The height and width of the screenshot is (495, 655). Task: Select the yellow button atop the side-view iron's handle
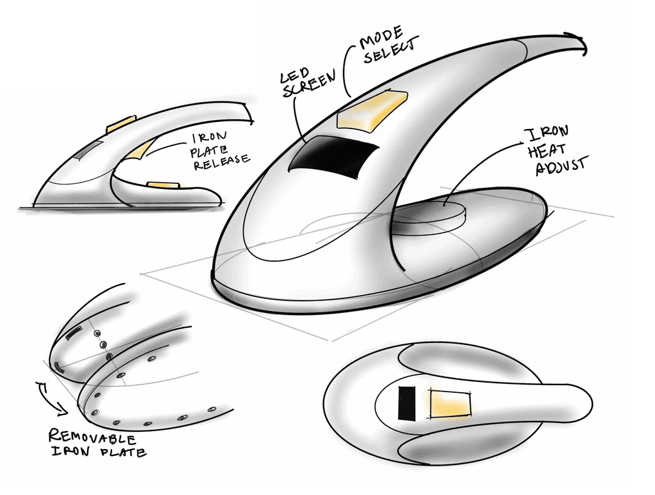pyautogui.click(x=121, y=125)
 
